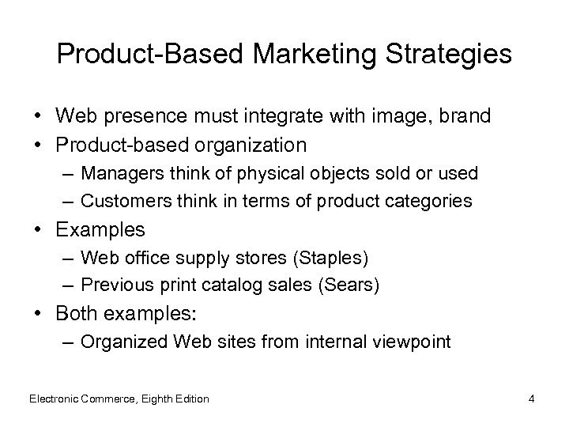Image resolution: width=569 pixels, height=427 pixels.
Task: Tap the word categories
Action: [x=433, y=201]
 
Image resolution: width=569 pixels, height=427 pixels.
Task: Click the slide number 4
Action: [x=532, y=399]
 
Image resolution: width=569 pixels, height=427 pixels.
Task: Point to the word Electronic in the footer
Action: [x=54, y=399]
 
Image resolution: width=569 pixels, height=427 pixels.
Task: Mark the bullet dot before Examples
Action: [x=38, y=230]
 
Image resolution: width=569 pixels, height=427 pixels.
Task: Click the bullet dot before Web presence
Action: [x=38, y=116]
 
